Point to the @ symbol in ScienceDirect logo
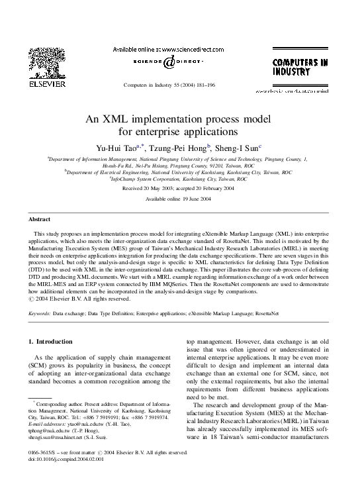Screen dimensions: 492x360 pyautogui.click(x=170, y=62)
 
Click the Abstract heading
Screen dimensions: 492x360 pyautogui.click(x=40, y=219)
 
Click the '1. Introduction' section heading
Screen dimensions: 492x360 pyautogui.click(x=51, y=342)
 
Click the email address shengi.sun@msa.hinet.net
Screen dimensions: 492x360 pyautogui.click(x=59, y=438)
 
